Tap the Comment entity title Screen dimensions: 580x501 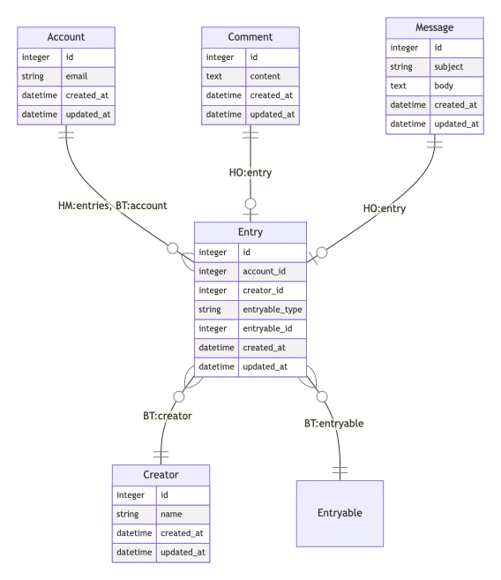[x=250, y=37]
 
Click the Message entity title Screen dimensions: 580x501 [x=434, y=27]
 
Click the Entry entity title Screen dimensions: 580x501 [x=250, y=232]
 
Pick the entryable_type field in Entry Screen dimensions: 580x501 [x=273, y=309]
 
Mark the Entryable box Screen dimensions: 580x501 [x=340, y=512]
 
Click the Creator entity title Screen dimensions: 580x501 [x=161, y=474]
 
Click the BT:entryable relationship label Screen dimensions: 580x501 [x=334, y=423]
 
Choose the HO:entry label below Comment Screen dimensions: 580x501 [x=250, y=172]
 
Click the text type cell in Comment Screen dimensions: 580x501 [x=214, y=76]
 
